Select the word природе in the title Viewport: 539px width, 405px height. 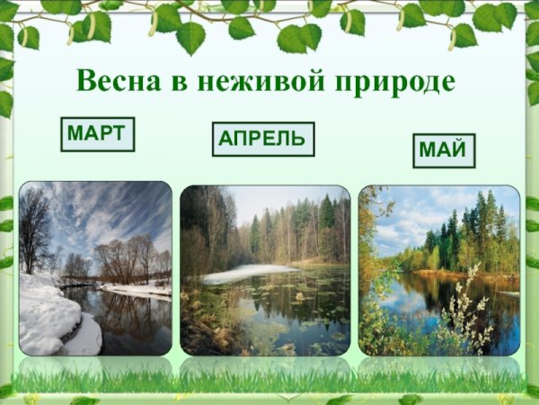[396, 82]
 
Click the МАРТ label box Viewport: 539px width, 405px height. [97, 134]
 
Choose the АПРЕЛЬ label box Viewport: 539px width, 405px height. [263, 139]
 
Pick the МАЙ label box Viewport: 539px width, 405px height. [443, 149]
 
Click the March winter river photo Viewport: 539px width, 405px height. [95, 268]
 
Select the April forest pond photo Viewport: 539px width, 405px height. [265, 270]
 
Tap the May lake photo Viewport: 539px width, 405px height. [438, 270]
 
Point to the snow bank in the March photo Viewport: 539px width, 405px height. [49, 315]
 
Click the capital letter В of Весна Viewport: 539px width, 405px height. [85, 80]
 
